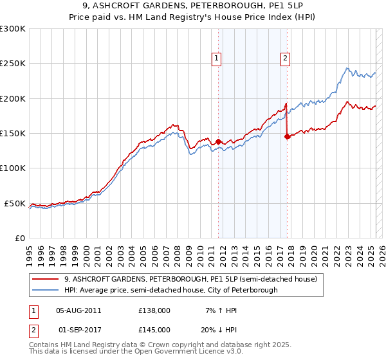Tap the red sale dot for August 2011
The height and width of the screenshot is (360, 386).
coord(218,141)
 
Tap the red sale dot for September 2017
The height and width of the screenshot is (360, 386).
coord(287,136)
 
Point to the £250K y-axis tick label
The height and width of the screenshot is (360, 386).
coord(13,64)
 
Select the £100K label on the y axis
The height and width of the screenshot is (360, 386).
coord(13,168)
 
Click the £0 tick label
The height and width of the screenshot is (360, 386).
coord(19,238)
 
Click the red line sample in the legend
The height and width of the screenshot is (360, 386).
coord(46,280)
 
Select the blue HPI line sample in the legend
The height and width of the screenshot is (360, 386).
coord(46,290)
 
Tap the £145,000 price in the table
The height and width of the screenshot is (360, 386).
coord(154,329)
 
